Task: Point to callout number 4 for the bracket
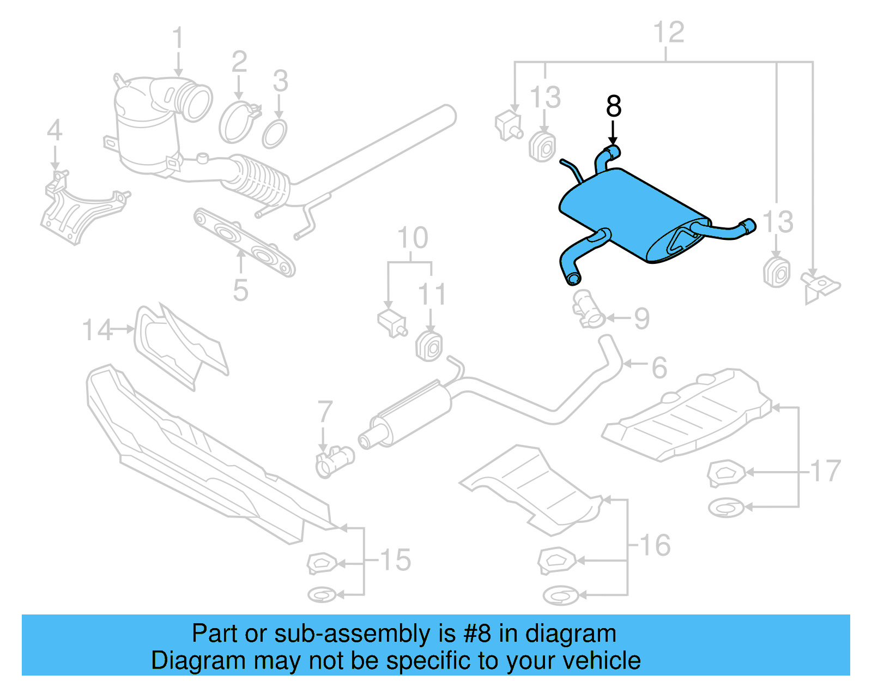(55, 131)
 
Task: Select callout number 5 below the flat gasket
(240, 290)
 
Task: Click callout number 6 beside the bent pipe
(659, 368)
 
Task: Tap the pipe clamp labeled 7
(334, 461)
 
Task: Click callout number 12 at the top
(669, 33)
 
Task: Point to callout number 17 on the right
(826, 472)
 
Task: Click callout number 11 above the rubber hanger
(432, 295)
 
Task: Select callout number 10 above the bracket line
(413, 238)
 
